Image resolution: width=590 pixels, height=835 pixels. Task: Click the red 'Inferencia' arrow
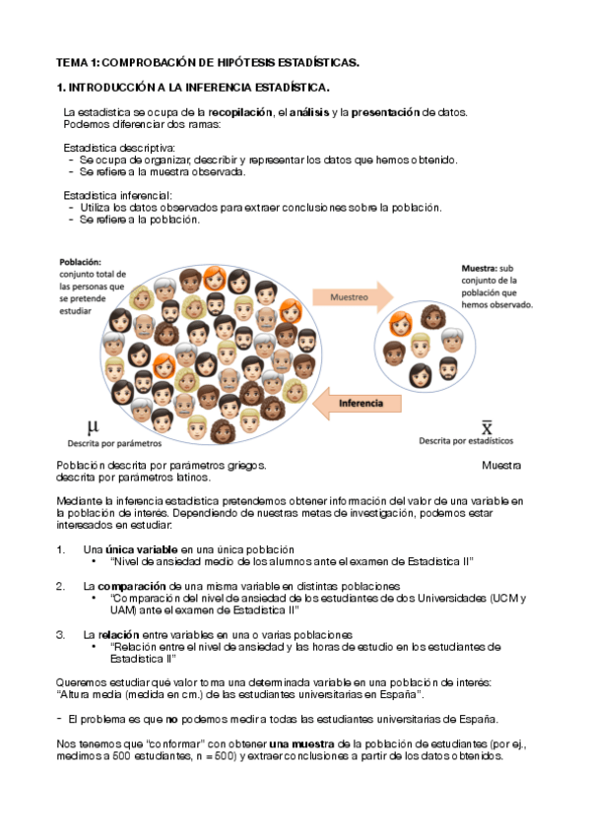click(360, 402)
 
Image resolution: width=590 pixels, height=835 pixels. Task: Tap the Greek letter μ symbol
click(93, 426)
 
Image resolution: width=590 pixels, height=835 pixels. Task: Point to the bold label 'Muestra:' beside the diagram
click(479, 268)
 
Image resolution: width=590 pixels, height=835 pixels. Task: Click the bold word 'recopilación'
click(239, 113)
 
